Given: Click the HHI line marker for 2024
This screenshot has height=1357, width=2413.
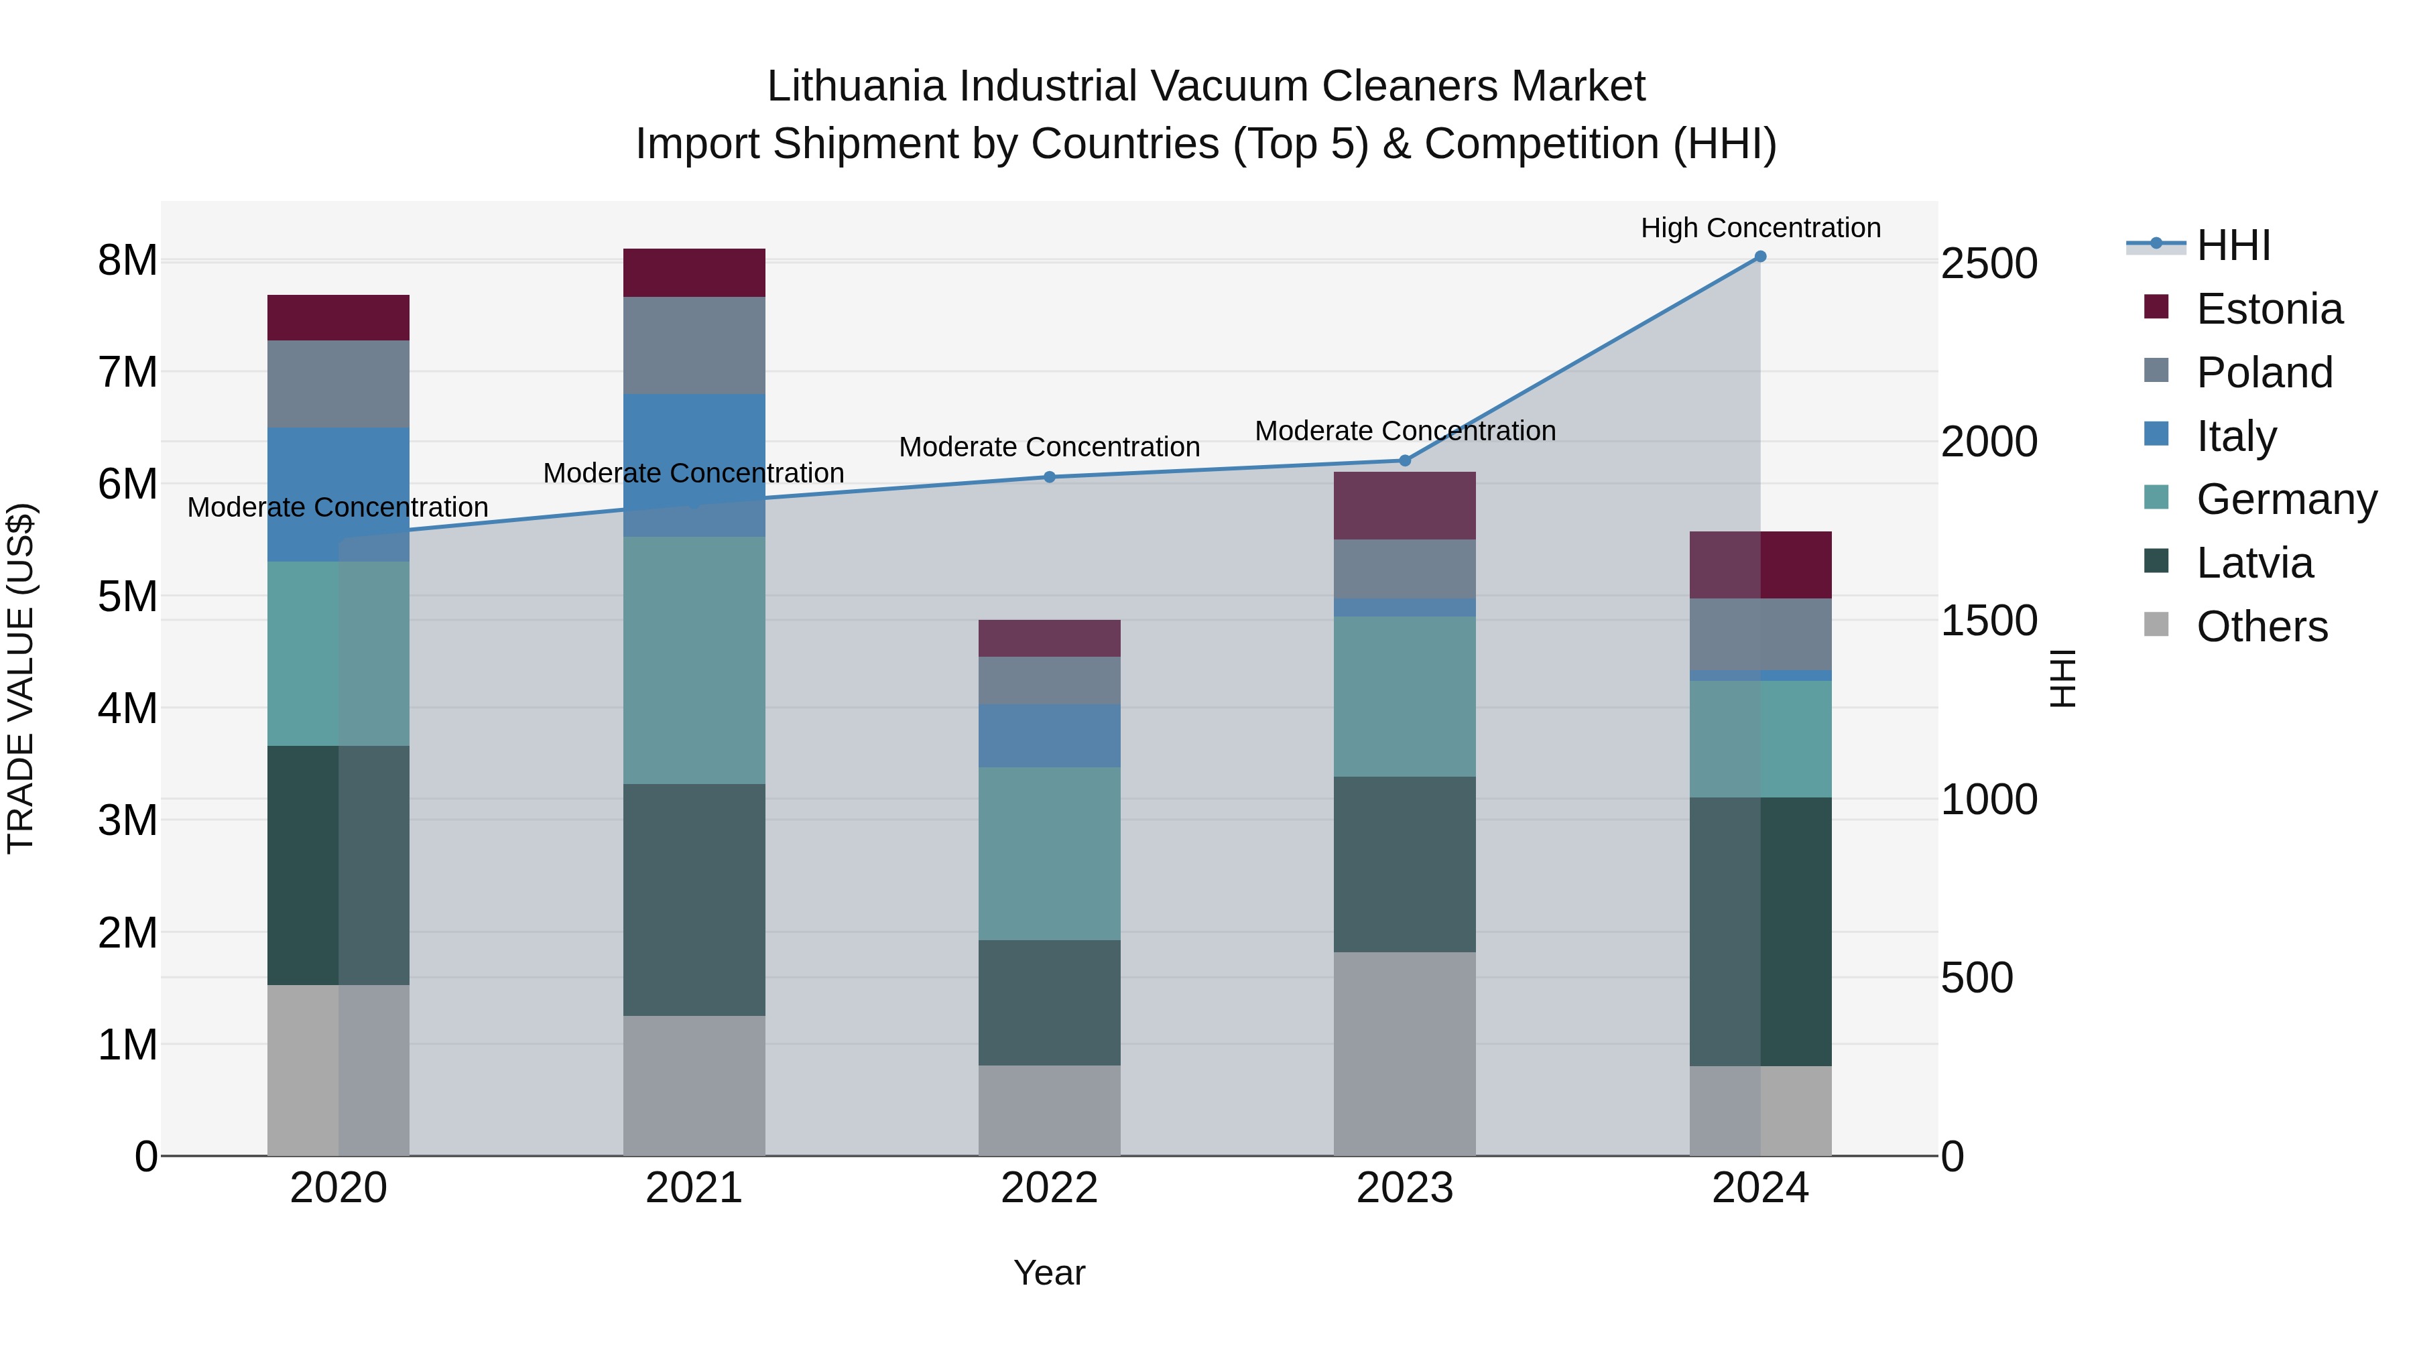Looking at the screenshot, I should tap(1760, 257).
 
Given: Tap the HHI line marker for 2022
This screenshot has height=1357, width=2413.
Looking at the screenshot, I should tap(1049, 476).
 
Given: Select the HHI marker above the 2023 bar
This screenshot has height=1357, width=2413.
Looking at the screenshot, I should tap(1404, 461).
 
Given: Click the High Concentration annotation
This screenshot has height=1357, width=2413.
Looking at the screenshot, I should tap(1760, 228).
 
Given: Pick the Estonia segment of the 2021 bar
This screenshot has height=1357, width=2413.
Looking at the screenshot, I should tap(694, 273).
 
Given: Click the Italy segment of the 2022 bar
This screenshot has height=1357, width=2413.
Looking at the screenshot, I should tap(1049, 736).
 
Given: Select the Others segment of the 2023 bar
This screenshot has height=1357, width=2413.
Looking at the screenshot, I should tap(1404, 1053).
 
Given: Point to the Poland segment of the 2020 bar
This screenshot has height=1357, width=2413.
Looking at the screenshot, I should tap(338, 384).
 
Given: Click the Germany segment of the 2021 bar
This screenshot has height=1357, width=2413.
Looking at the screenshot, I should tap(694, 660).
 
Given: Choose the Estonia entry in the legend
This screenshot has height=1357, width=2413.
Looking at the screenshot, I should tap(2269, 309).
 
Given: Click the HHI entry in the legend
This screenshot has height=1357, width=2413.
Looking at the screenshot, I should tap(2233, 245).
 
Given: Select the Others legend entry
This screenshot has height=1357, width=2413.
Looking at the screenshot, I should tap(2262, 627).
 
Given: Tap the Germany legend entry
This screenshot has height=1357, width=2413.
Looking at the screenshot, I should tap(2286, 499).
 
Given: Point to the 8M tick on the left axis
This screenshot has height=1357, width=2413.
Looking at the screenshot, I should tap(127, 261).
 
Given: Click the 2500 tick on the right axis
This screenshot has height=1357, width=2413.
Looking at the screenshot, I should tap(1989, 263).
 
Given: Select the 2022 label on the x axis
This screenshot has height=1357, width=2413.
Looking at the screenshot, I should tap(1049, 1188).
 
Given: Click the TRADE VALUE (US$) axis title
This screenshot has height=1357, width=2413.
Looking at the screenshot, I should tap(21, 678).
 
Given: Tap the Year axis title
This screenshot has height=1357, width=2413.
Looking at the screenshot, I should tap(1049, 1273).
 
